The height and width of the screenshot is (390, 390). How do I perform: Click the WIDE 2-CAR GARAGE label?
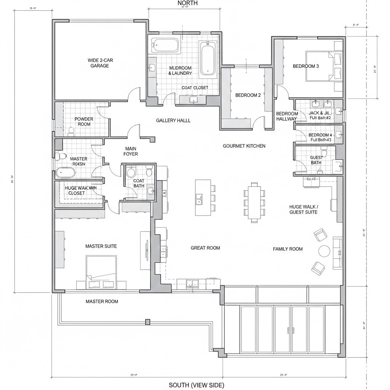pos(100,63)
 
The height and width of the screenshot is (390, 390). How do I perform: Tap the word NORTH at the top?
pos(187,3)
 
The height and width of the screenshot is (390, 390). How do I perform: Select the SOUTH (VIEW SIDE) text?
pos(197,385)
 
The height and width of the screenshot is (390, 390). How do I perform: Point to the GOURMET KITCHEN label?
pos(244,146)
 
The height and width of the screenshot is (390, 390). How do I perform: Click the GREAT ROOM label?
pos(205,248)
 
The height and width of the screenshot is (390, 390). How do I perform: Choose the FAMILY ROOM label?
pos(288,249)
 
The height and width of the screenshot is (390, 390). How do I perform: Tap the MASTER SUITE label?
pos(101,246)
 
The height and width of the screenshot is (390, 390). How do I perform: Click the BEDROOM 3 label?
pos(305,66)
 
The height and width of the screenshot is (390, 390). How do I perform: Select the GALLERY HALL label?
pos(173,120)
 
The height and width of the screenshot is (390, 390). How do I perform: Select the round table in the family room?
pos(324,251)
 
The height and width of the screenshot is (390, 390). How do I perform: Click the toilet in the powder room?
pos(70,131)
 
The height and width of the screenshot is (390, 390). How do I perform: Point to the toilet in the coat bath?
pos(131,173)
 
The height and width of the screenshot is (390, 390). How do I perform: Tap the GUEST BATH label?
pos(316,160)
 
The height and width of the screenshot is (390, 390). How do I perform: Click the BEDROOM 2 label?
pos(248,95)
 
